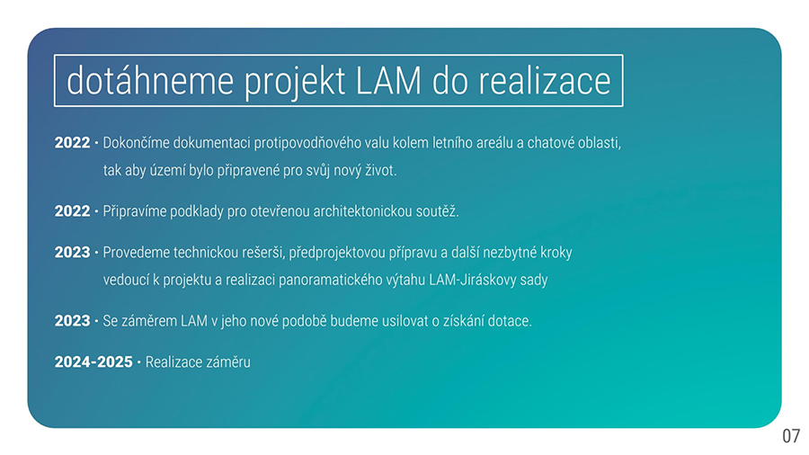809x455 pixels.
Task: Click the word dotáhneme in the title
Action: [x=149, y=81]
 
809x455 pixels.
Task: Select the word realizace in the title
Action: [x=545, y=81]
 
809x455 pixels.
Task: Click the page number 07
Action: [x=791, y=436]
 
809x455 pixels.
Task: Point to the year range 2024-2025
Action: [x=93, y=362]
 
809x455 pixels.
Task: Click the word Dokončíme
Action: [x=137, y=143]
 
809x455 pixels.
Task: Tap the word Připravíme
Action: [x=134, y=211]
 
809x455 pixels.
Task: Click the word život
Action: [x=381, y=170]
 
